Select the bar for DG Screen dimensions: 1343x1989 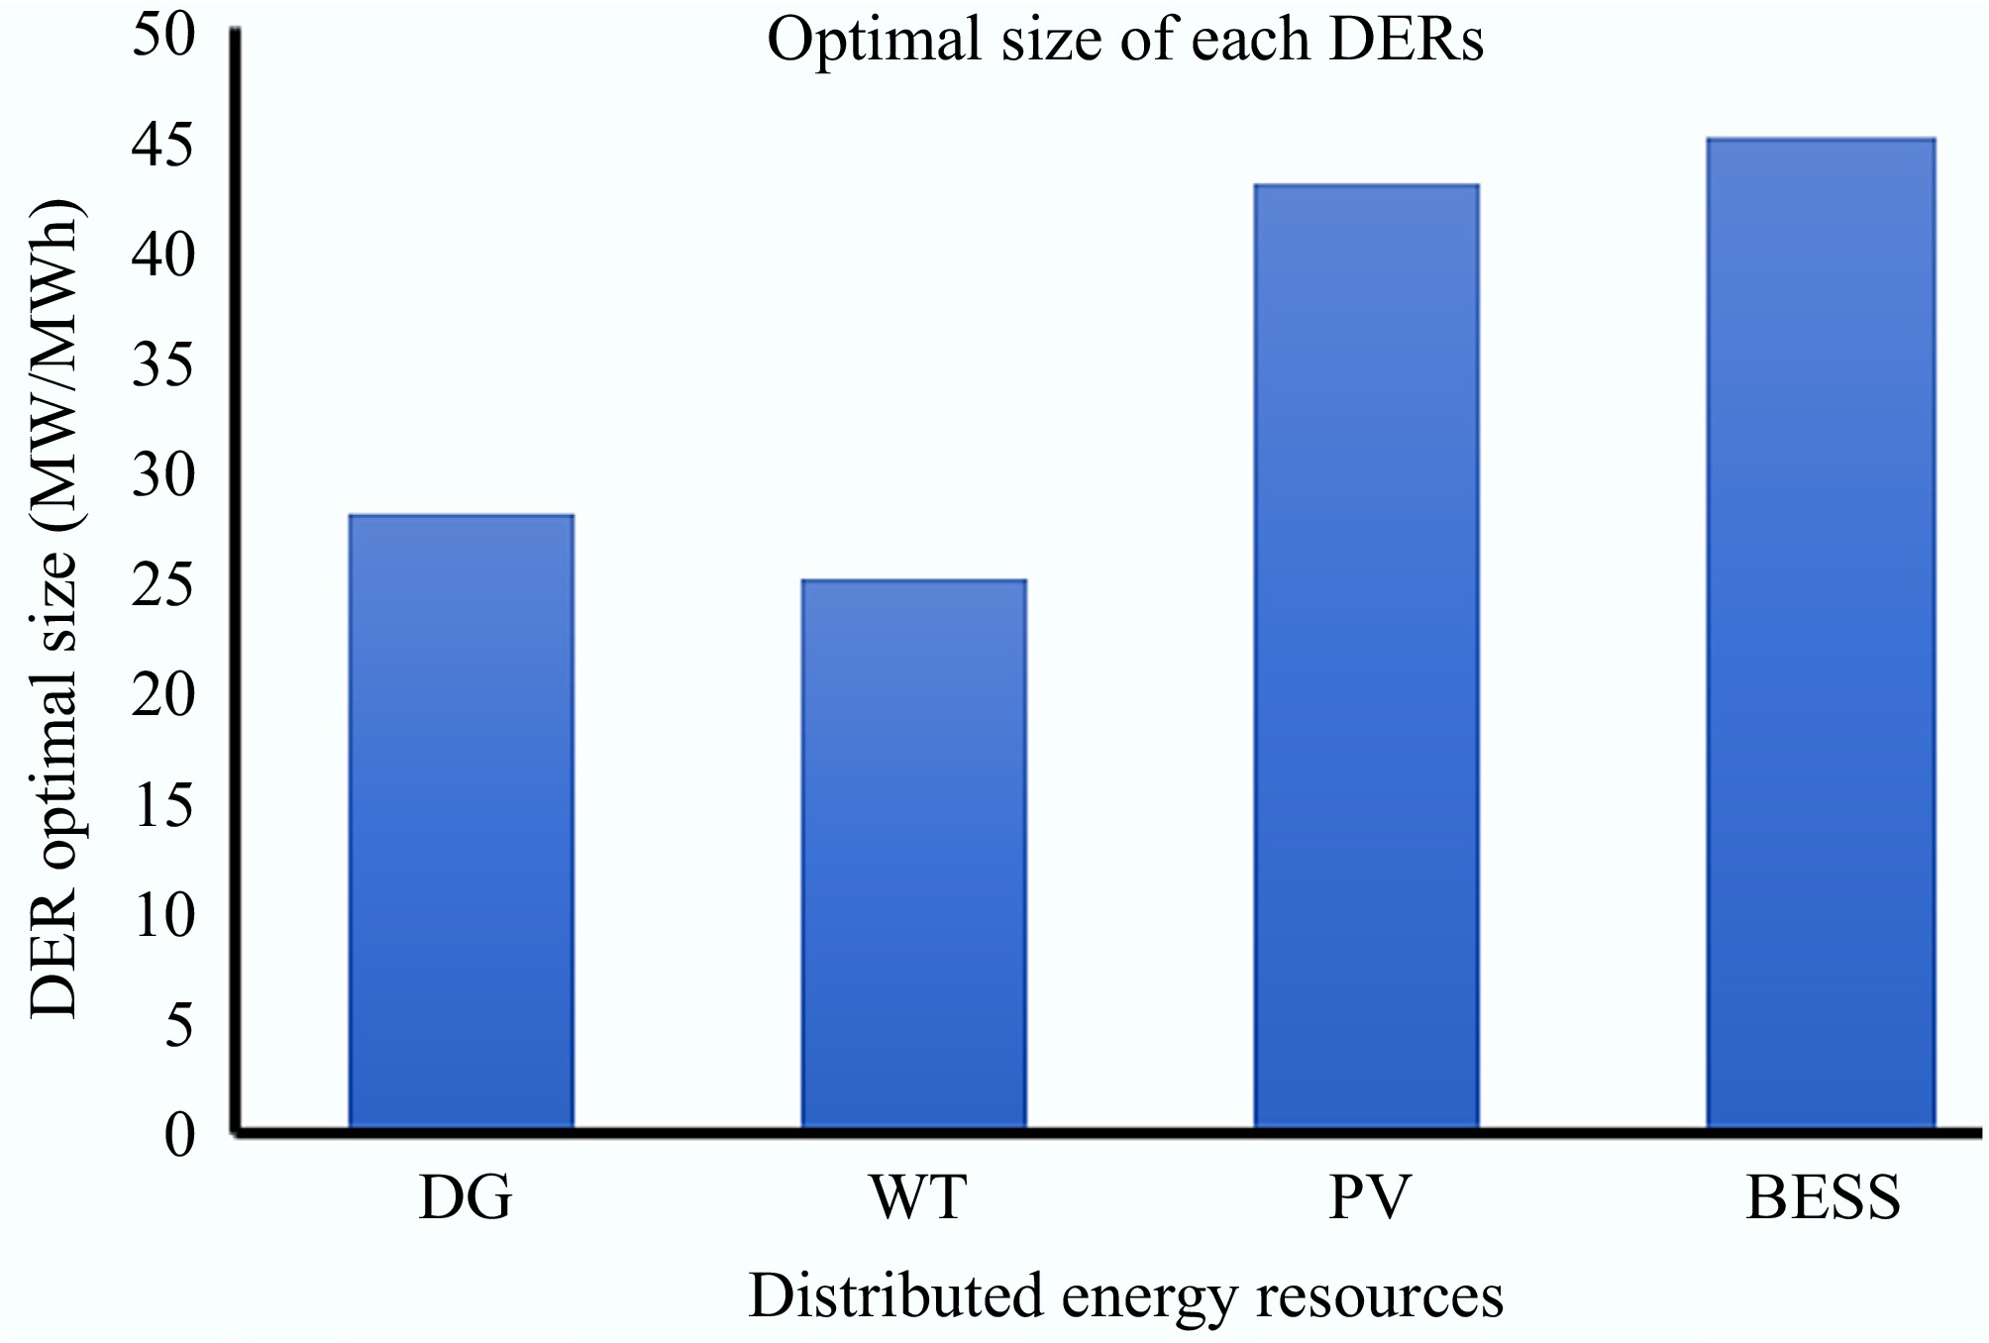tap(461, 822)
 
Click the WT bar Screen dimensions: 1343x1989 tap(913, 854)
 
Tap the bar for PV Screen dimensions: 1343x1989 tap(1366, 656)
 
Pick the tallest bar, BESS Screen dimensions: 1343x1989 tap(1820, 634)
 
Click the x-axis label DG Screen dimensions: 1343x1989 tap(466, 1197)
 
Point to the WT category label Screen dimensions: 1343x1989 tap(917, 1197)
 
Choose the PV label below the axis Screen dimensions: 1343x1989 tap(1369, 1197)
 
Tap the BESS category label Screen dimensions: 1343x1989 tap(1823, 1197)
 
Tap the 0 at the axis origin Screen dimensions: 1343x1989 tap(180, 1136)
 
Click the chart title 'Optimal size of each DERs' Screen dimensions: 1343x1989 tap(1125, 42)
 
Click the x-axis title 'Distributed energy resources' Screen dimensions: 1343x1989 tap(1125, 1296)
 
